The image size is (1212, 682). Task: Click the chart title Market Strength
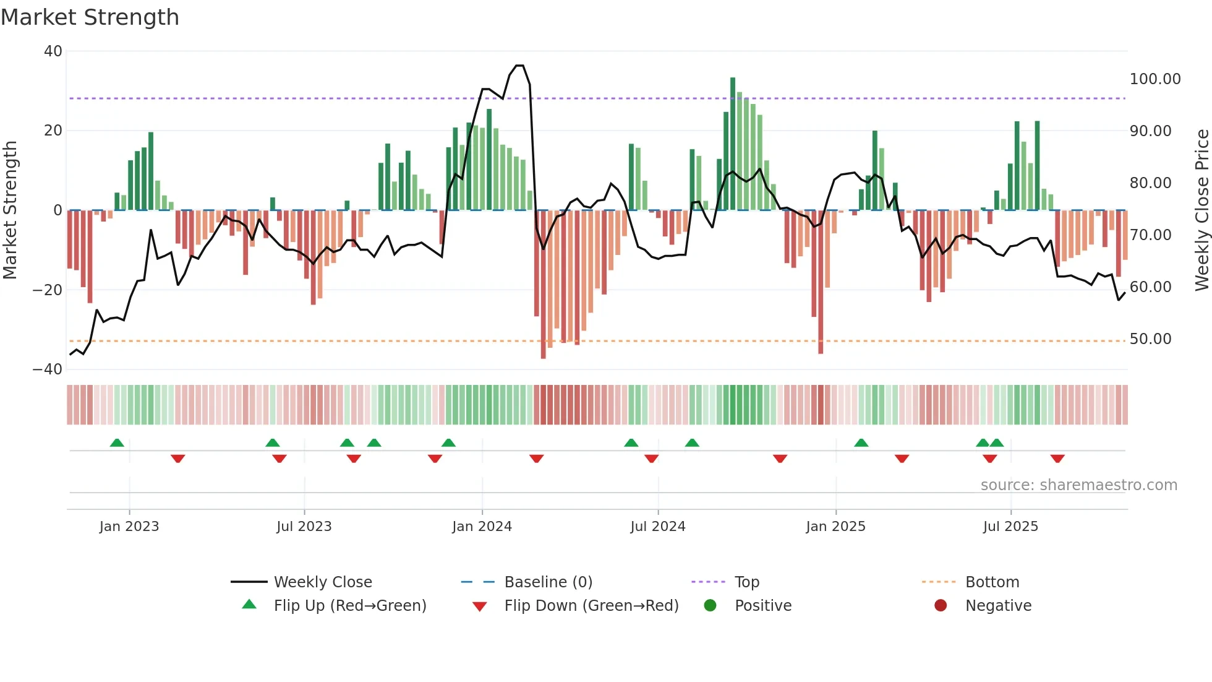[90, 17]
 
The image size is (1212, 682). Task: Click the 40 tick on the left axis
[53, 51]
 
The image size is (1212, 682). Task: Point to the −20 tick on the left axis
[48, 290]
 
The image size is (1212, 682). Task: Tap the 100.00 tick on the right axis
[1154, 79]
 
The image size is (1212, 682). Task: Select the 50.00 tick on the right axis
[1150, 339]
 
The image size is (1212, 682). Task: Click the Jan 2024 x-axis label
[482, 527]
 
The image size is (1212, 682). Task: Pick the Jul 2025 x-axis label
[1010, 527]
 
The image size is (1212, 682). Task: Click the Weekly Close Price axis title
[1201, 210]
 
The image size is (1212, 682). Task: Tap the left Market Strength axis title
[10, 210]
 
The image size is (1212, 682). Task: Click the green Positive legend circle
[710, 606]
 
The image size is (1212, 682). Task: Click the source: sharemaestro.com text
[1078, 485]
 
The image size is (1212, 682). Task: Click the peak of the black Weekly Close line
[519, 66]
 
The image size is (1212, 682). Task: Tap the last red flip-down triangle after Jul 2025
[1057, 459]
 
